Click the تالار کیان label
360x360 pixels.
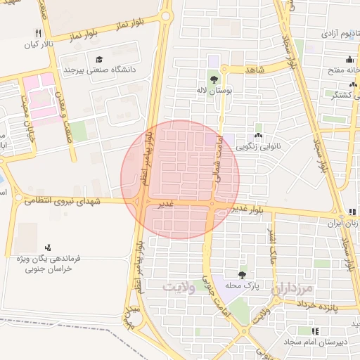(x=39, y=45)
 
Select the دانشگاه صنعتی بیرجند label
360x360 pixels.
(x=101, y=70)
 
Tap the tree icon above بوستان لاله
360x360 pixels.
(x=213, y=78)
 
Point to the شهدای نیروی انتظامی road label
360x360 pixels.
(x=63, y=201)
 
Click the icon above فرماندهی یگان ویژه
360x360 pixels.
(x=48, y=247)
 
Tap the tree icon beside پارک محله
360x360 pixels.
(x=243, y=275)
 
